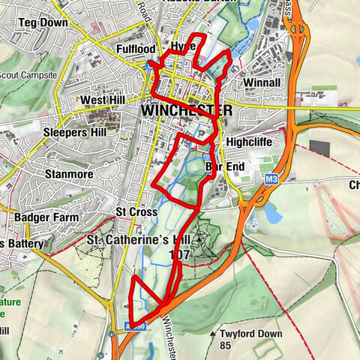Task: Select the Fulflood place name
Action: point(135,49)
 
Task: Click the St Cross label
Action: point(136,211)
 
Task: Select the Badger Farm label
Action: point(46,217)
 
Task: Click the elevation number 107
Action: point(180,255)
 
